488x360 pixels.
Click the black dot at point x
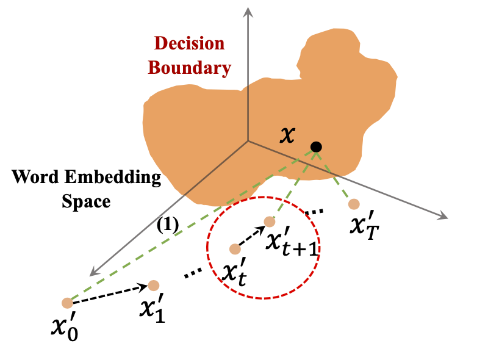point(316,146)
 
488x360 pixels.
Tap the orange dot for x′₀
point(68,303)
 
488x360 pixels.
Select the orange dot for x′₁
point(153,285)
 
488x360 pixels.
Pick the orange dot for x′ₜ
point(235,249)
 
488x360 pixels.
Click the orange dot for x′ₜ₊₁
point(269,221)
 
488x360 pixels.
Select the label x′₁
point(151,308)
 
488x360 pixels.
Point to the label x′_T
point(364,226)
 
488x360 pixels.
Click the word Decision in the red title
point(189,44)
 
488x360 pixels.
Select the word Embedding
point(120,179)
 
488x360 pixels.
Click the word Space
point(86,202)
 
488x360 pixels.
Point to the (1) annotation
point(167,225)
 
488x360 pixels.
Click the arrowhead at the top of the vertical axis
point(247,10)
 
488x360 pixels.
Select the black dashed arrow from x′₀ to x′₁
point(110,293)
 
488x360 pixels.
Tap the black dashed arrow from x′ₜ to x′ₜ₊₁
point(251,236)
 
